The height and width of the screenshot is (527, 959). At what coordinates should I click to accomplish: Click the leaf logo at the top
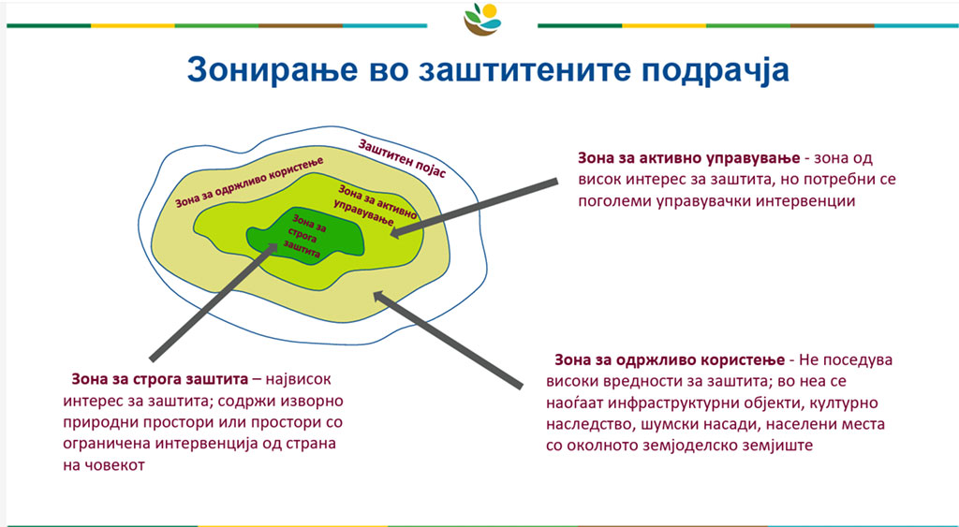(x=482, y=19)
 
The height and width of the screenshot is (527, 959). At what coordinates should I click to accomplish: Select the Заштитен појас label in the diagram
(x=402, y=158)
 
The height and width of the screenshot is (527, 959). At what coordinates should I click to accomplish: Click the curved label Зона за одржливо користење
(x=249, y=182)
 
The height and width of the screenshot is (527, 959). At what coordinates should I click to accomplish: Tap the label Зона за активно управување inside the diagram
(x=374, y=205)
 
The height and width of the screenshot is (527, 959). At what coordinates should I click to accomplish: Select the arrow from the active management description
(x=474, y=207)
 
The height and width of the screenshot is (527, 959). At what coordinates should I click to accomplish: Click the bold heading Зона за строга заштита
(x=159, y=379)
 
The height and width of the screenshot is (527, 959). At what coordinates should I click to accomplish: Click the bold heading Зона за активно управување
(x=688, y=158)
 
